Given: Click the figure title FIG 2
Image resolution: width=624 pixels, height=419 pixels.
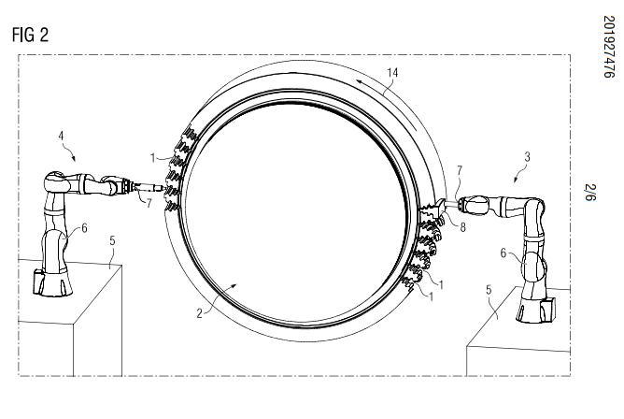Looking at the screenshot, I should pos(31,36).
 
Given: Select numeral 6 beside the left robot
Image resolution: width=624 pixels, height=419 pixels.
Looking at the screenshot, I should pos(84,226).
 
